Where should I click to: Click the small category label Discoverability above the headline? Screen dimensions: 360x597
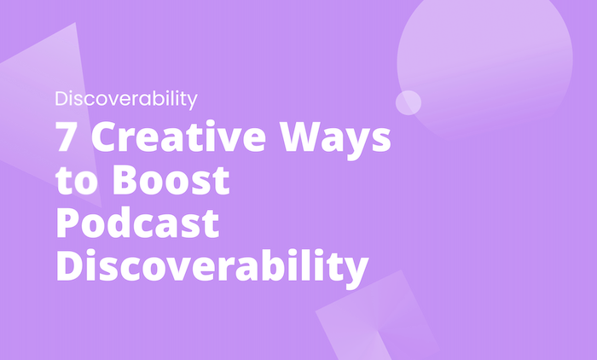click(x=126, y=99)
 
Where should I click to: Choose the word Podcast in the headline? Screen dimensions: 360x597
click(x=137, y=224)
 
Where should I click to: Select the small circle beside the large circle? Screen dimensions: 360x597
click(x=409, y=102)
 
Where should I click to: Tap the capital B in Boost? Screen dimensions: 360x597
click(x=115, y=182)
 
